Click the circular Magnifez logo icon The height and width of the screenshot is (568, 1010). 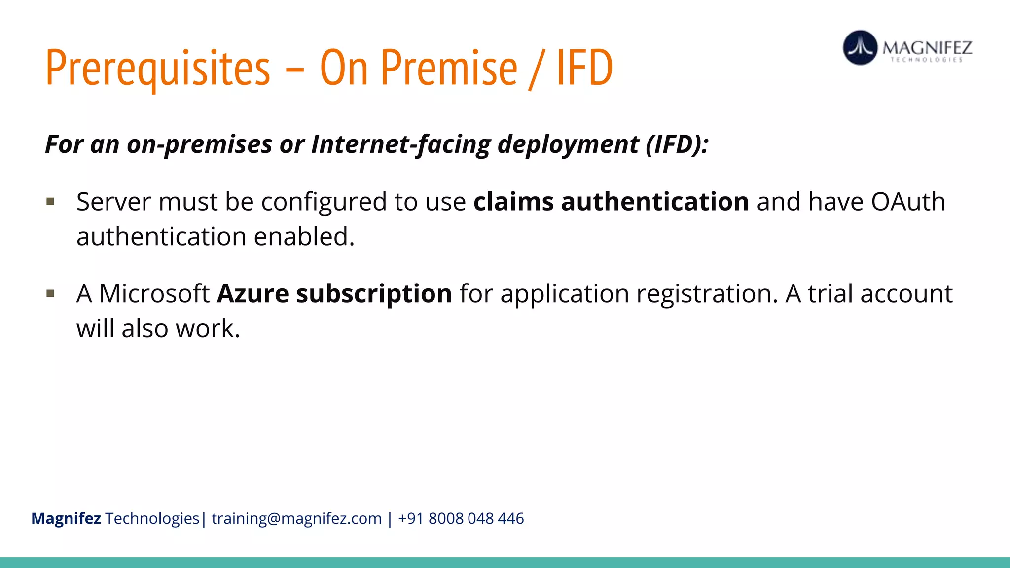pos(860,48)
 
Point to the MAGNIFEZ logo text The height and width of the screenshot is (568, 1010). pos(927,48)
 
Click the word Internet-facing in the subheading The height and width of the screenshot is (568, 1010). pos(400,144)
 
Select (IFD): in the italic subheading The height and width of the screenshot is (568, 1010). pos(677,144)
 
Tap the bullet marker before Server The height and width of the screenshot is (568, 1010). pos(50,201)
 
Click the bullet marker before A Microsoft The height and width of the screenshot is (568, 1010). pos(50,294)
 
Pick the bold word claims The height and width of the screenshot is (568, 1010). pos(513,202)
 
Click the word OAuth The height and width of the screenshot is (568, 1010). pos(908,202)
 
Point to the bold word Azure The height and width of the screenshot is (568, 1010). pos(252,294)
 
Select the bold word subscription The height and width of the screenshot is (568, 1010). pos(374,295)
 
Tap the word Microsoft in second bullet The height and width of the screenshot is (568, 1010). pos(154,294)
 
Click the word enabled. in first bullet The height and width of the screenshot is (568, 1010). pos(304,237)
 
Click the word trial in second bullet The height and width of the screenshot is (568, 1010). pos(830,294)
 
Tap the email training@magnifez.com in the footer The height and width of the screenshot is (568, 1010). pos(296,519)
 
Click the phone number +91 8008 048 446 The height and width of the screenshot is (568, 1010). pos(461,519)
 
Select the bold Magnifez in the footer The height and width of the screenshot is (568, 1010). pos(66,519)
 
